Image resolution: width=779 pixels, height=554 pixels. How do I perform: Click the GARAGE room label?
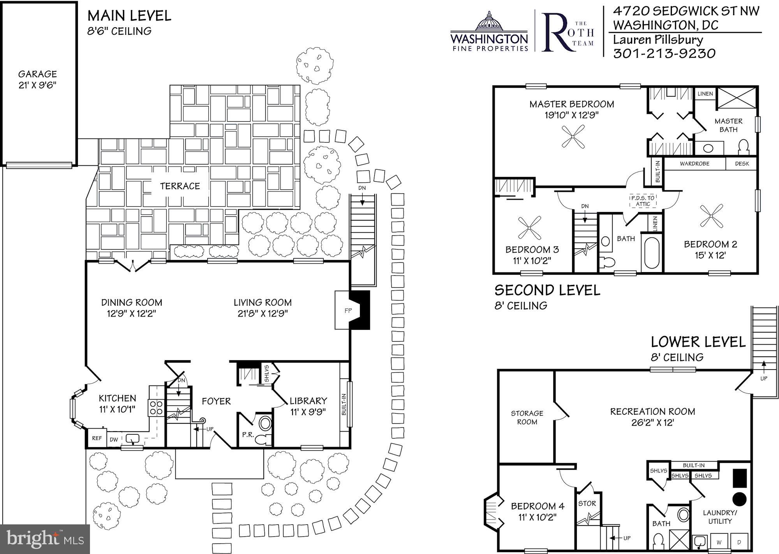[37, 74]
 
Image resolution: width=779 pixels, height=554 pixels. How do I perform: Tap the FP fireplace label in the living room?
[347, 311]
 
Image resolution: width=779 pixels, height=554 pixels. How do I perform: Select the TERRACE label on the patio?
[180, 186]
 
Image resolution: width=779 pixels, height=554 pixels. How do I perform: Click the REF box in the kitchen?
[97, 438]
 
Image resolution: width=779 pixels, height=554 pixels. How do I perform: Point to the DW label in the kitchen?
[114, 439]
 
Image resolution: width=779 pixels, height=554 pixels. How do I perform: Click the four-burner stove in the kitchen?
[156, 407]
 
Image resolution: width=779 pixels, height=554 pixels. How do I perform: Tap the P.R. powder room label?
[248, 434]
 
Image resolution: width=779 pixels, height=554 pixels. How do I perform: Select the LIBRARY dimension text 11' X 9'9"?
[308, 411]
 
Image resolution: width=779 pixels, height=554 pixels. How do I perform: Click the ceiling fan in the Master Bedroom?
[573, 136]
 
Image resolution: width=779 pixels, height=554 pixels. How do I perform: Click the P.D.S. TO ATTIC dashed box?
[643, 201]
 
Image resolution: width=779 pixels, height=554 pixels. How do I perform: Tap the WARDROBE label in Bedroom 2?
[694, 164]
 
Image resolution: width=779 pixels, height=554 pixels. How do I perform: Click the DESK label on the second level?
[742, 164]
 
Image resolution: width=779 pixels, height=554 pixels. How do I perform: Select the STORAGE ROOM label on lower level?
[527, 417]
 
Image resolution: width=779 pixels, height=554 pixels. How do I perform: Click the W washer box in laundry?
[719, 542]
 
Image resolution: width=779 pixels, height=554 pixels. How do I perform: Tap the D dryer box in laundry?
[739, 542]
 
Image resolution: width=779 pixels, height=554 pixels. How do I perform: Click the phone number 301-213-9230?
[664, 53]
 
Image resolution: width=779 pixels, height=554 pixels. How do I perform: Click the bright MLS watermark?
[45, 539]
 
